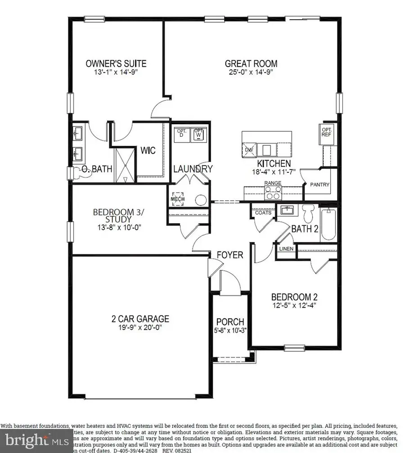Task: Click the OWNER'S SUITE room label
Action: (x=116, y=63)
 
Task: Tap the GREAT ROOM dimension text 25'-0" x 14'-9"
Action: (x=251, y=72)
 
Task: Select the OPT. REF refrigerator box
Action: (x=326, y=134)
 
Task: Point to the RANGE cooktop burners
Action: (x=273, y=193)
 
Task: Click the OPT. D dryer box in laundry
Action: (x=182, y=134)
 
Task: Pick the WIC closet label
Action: (x=148, y=150)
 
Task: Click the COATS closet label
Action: (x=263, y=212)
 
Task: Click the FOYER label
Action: (x=230, y=255)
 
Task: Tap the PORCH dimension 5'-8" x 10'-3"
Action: (x=230, y=331)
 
